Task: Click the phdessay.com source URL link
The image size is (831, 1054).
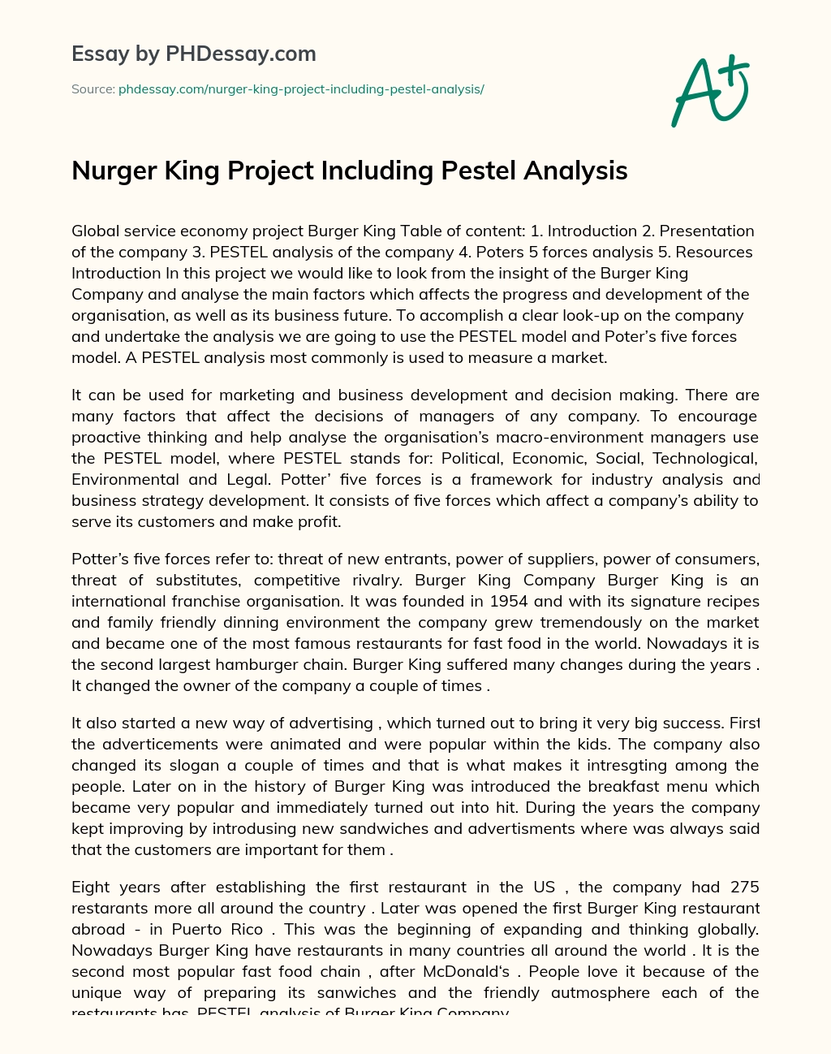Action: click(x=301, y=89)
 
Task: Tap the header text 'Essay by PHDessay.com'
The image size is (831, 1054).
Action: click(x=194, y=54)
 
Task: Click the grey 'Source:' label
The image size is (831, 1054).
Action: click(x=93, y=89)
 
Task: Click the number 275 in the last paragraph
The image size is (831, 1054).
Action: click(x=744, y=887)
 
